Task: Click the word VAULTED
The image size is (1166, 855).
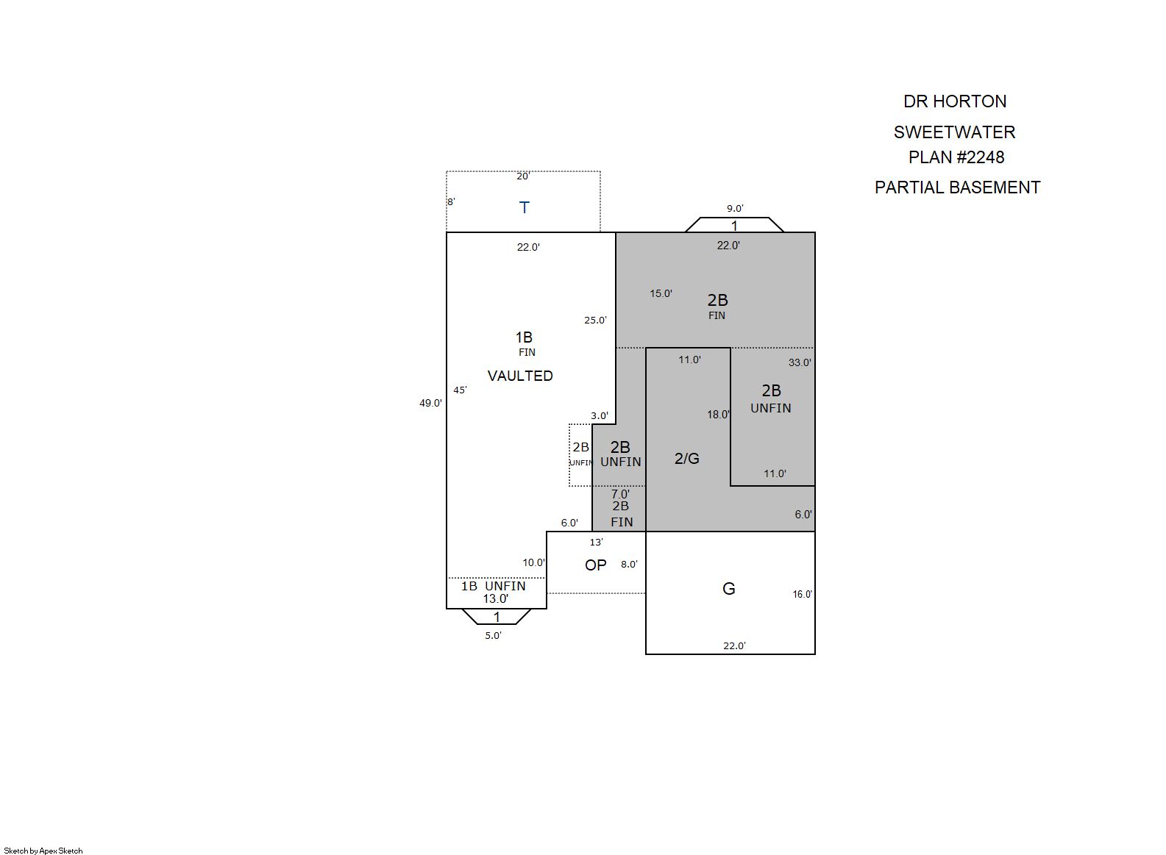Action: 520,376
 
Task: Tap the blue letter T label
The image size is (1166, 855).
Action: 525,207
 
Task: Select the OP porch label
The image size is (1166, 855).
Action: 595,565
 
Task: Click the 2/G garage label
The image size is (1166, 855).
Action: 686,458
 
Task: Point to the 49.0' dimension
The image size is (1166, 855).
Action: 430,403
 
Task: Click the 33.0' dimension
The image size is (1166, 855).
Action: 800,362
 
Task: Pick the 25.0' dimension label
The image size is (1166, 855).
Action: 595,321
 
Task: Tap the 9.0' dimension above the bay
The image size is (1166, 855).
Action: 735,209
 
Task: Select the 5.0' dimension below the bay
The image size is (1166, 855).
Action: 493,635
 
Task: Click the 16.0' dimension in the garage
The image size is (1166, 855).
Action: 802,595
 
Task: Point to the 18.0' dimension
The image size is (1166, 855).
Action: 718,415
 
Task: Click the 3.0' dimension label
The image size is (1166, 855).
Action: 599,415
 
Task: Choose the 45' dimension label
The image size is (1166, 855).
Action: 460,390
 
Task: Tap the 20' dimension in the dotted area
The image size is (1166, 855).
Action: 523,176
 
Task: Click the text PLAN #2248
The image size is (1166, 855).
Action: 956,157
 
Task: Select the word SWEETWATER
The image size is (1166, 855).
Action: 954,132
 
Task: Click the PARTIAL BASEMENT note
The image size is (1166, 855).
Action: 957,187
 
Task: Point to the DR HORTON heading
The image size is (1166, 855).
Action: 955,101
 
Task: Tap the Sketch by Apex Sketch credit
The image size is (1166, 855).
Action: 43,851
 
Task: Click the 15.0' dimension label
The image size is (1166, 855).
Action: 661,293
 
